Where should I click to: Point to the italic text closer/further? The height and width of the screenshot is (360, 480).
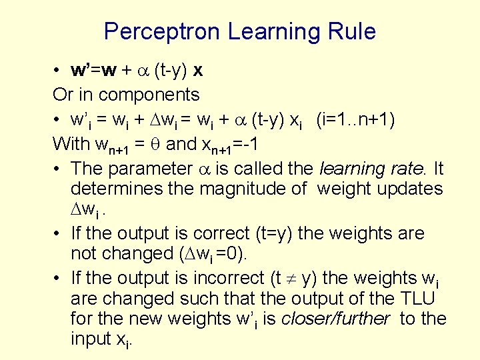point(335,319)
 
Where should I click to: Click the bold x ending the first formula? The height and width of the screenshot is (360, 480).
point(198,71)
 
